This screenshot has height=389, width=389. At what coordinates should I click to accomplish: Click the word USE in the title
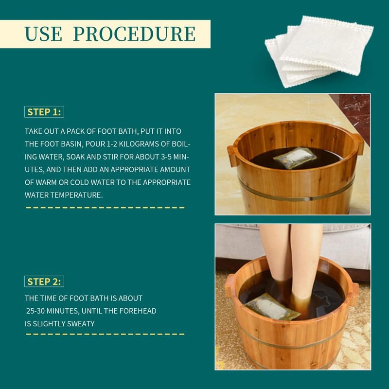[x=43, y=34]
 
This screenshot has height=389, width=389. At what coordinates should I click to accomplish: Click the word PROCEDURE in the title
[x=135, y=34]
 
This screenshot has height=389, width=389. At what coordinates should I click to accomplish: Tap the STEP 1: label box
[x=44, y=112]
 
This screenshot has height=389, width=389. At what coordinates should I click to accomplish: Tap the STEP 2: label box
[x=44, y=282]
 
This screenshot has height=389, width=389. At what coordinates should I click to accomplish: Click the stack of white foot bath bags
[x=319, y=52]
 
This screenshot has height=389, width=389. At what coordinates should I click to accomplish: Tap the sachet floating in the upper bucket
[x=295, y=159]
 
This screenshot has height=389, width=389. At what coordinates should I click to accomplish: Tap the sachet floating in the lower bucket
[x=272, y=307]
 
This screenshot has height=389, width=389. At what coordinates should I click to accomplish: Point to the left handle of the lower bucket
[x=230, y=285]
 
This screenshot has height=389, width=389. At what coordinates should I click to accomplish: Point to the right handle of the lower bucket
[x=355, y=295]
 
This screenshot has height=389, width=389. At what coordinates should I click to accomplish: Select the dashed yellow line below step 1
[x=105, y=208]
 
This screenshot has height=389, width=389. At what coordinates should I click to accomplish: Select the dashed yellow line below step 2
[x=105, y=334]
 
